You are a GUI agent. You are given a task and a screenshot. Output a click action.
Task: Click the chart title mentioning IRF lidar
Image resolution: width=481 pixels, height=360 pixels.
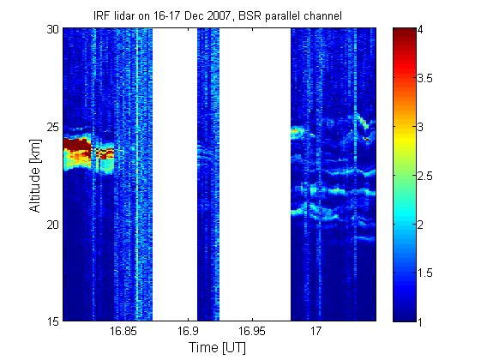coord(218,16)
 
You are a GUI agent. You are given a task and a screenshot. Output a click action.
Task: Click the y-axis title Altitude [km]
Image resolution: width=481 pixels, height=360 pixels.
coord(35,176)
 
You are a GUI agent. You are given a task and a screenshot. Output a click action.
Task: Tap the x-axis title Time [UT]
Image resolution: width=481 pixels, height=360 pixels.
coord(217,348)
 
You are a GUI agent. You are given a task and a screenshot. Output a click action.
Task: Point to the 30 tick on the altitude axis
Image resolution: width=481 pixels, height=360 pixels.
coord(52,29)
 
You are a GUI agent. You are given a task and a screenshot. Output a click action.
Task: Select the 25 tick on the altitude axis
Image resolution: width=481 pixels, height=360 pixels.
coord(52,127)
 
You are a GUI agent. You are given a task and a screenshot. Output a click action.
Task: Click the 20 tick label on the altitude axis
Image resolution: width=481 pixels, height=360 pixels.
coord(52,225)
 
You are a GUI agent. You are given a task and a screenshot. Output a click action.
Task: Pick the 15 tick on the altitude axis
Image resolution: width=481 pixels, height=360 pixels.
coord(52,321)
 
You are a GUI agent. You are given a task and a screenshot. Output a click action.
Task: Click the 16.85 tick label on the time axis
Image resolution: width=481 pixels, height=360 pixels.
coord(123,331)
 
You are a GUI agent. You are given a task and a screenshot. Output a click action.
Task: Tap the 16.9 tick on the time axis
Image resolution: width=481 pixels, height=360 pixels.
coord(188,331)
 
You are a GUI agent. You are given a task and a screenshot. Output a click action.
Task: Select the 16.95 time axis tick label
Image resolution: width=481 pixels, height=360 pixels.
coord(252,331)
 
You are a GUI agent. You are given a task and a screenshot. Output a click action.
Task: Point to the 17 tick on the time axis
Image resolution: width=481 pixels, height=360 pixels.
coord(316,331)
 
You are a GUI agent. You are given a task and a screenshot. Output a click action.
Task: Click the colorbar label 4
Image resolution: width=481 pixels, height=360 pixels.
coord(421,30)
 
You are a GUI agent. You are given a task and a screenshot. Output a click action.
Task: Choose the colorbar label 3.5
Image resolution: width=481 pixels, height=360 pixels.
coord(425,79)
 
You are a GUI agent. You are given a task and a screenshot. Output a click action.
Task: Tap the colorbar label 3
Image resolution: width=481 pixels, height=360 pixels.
coord(421,127)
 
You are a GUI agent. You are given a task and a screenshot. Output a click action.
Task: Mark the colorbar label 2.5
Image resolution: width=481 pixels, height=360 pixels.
coord(425,176)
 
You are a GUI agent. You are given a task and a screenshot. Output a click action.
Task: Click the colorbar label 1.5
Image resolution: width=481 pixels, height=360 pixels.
coord(425,273)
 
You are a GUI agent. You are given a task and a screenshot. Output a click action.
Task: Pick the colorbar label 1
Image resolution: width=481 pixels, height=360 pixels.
coord(421,321)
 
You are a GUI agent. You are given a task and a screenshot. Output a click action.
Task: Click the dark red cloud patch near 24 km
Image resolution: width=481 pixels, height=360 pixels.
coord(76,145)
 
